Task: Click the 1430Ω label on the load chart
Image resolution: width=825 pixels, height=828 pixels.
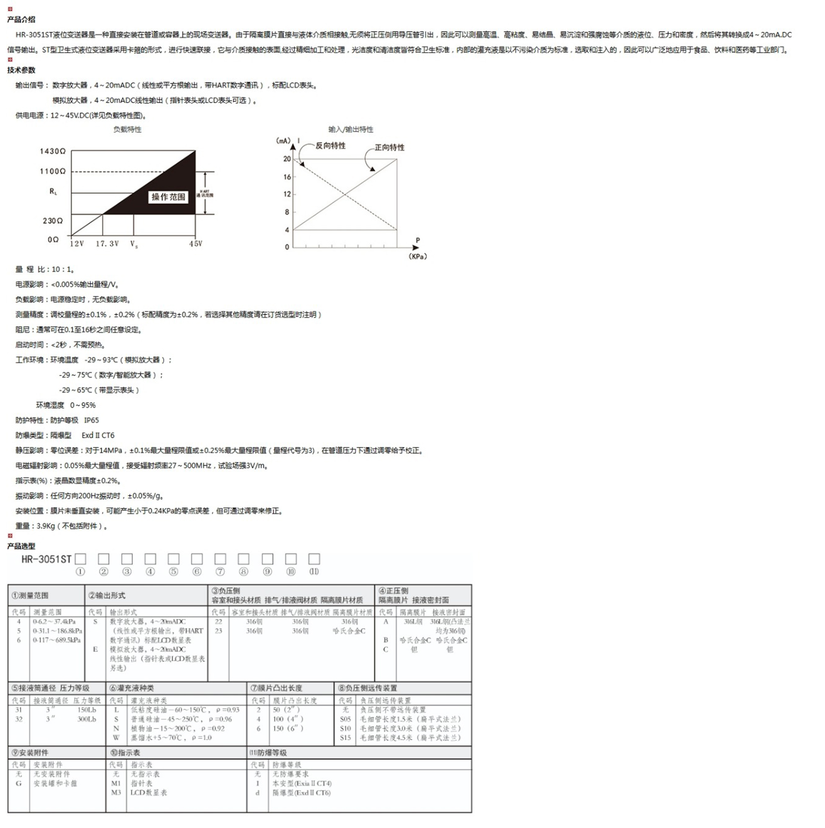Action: pos(52,151)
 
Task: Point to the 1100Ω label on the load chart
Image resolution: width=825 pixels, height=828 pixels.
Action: pos(52,171)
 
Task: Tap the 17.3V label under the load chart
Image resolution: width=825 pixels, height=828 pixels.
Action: pos(107,243)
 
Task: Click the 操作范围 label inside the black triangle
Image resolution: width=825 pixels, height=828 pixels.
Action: pos(168,197)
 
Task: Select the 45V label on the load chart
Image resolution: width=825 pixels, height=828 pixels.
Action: pos(196,243)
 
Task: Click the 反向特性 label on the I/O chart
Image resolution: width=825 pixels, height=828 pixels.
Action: pos(330,146)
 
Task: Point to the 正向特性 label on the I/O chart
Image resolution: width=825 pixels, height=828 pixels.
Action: pos(389,148)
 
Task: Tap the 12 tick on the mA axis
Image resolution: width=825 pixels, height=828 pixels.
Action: pos(287,194)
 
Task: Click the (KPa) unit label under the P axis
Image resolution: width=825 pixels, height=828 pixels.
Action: pos(418,256)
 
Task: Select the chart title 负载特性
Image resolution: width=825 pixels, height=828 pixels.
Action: pos(127,129)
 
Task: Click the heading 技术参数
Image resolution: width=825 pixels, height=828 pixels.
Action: pos(21,70)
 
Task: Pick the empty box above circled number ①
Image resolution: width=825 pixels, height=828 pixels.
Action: pos(80,558)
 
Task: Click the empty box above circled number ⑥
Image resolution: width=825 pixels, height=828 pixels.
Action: pos(197,558)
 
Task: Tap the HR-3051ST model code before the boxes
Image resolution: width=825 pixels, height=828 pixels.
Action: pos(46,559)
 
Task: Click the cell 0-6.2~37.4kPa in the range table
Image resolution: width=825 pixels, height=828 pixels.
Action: pos(54,621)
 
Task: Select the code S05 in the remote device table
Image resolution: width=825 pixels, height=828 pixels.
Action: pos(345,719)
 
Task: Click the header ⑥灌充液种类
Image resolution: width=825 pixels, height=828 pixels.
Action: pos(131,688)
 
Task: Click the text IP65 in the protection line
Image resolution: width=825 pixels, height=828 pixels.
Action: pos(91,420)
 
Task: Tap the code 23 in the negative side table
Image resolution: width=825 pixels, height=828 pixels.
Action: pos(218,631)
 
